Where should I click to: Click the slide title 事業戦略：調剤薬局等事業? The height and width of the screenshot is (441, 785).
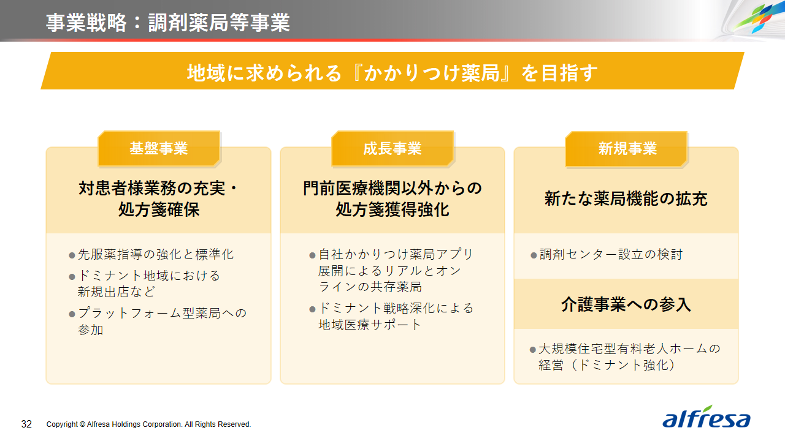coord(168,23)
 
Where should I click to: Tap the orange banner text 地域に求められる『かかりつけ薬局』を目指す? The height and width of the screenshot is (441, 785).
coord(392,73)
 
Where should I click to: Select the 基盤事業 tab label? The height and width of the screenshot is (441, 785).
coord(159,148)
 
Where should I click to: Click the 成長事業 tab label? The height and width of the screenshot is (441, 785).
coord(392,148)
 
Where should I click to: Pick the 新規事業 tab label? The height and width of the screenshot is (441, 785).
coord(627,148)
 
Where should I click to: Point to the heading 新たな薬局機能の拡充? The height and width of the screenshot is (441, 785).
coord(626,198)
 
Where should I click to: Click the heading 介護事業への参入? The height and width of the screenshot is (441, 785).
coord(626,304)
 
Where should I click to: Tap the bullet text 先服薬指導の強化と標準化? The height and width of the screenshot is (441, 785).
coord(156,254)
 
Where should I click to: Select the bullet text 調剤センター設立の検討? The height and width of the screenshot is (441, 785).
coord(611,254)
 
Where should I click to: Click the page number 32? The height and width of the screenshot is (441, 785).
coord(26,424)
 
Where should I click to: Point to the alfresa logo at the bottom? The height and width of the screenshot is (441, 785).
coord(706,417)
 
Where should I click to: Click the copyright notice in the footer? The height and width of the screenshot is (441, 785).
coord(148,424)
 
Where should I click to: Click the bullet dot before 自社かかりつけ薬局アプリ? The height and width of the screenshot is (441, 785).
coord(313,255)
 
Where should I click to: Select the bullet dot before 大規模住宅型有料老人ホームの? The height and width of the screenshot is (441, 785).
coord(533,350)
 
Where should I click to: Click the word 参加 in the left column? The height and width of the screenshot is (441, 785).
coord(90,330)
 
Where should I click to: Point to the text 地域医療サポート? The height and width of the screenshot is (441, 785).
coord(369,325)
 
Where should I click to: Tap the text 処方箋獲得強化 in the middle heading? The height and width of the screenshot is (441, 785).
coord(392,209)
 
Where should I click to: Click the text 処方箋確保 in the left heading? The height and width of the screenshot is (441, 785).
coord(159,209)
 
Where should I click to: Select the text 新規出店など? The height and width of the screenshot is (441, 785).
coord(116,292)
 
